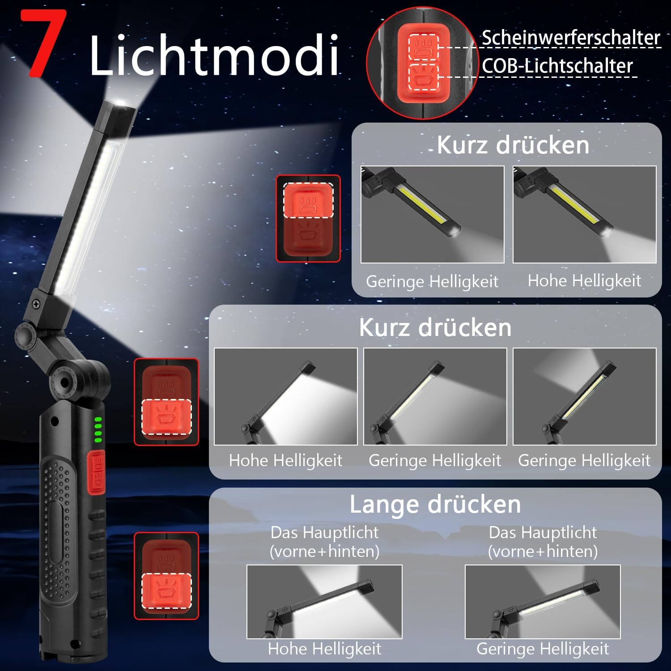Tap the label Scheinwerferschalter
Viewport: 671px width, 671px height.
point(571,38)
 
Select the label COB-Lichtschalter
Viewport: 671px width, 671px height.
point(557,66)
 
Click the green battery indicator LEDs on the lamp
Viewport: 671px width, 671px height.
point(98,430)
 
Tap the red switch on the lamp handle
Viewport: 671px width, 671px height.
point(96,472)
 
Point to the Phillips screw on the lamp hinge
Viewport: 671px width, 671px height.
point(36,304)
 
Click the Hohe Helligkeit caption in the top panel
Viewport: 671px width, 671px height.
point(584,281)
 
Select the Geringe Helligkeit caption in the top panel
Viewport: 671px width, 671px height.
point(432,281)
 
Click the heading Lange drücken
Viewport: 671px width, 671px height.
point(435,505)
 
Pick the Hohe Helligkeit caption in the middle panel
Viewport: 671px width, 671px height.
point(285,460)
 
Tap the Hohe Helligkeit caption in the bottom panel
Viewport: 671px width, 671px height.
point(324,649)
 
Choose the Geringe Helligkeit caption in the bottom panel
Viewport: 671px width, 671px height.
point(543,649)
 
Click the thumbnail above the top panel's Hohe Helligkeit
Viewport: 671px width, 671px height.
point(584,214)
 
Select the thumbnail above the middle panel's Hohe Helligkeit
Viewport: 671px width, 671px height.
point(285,396)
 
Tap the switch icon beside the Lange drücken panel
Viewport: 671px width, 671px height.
point(166,576)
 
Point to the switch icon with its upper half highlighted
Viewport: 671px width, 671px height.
point(308,218)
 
